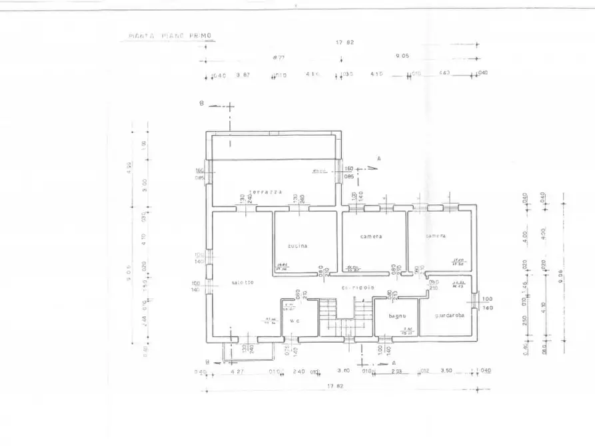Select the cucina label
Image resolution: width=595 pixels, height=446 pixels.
[297, 246]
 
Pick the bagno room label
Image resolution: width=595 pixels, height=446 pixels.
[397, 316]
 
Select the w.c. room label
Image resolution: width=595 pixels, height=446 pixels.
[294, 321]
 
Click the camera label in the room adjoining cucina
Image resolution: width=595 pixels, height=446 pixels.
[371, 236]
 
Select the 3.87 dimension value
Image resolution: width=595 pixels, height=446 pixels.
[242, 75]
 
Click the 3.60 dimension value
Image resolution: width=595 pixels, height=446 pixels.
[344, 371]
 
